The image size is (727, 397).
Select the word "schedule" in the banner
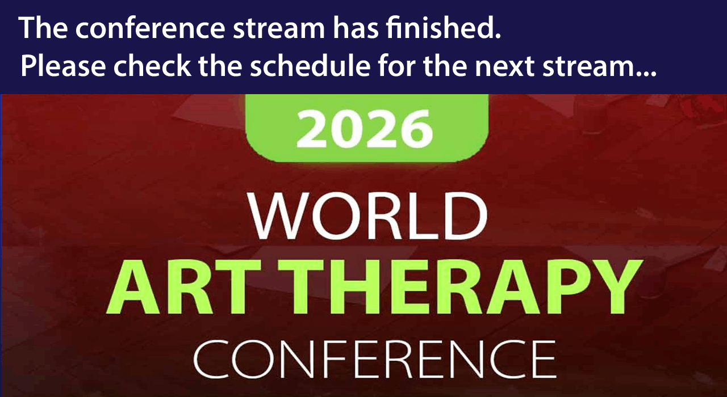point(310,65)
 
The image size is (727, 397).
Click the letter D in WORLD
point(467,216)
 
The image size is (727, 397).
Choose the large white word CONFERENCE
point(375,360)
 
